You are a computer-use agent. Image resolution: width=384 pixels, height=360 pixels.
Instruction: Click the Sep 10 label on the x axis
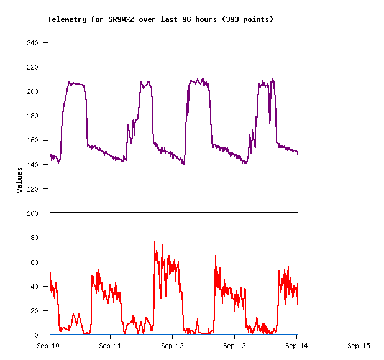(x=48, y=345)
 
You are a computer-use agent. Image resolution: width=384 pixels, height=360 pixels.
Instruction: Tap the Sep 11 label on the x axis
(x=111, y=345)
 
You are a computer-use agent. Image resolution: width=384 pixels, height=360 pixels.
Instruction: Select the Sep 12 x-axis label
(x=173, y=345)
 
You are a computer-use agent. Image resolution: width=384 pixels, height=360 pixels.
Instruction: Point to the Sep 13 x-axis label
(x=235, y=345)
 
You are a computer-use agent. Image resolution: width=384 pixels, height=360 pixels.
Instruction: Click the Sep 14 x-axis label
(x=297, y=345)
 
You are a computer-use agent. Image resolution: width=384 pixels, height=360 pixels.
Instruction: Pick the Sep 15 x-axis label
(x=359, y=345)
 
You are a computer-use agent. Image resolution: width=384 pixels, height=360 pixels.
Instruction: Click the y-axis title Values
(x=19, y=180)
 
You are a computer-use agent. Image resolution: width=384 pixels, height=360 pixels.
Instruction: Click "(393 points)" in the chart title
(x=245, y=19)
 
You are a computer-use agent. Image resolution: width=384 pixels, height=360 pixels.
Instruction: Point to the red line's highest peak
(x=155, y=241)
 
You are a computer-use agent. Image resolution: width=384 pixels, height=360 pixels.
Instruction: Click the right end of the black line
(x=298, y=213)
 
